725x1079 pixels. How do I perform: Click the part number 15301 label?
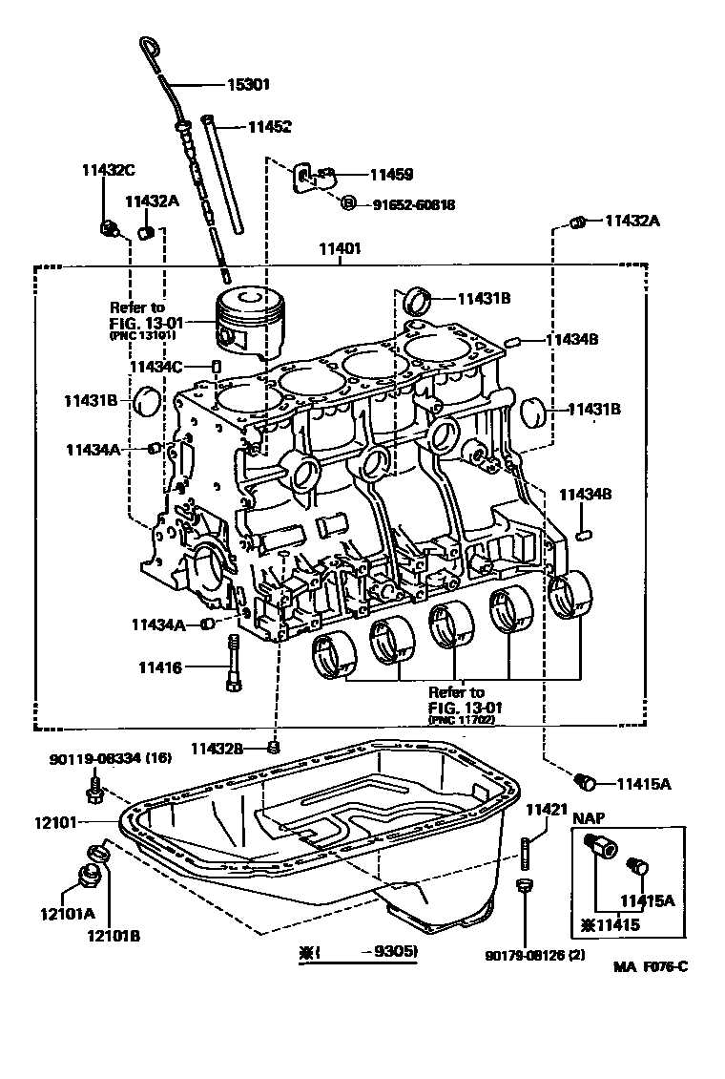tap(248, 84)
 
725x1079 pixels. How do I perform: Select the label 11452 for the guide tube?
tap(270, 126)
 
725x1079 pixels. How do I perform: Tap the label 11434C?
tap(156, 366)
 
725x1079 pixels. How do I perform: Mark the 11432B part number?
tap(217, 748)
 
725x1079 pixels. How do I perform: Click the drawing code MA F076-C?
tap(651, 966)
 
